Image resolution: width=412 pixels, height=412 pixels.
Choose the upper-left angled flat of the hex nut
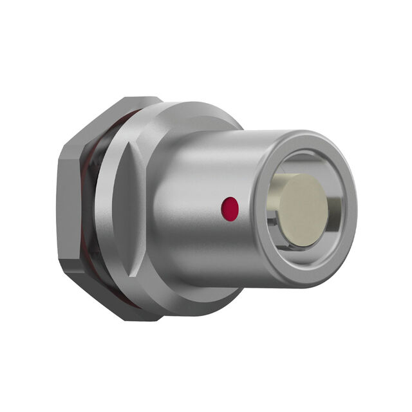tap(90, 129)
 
